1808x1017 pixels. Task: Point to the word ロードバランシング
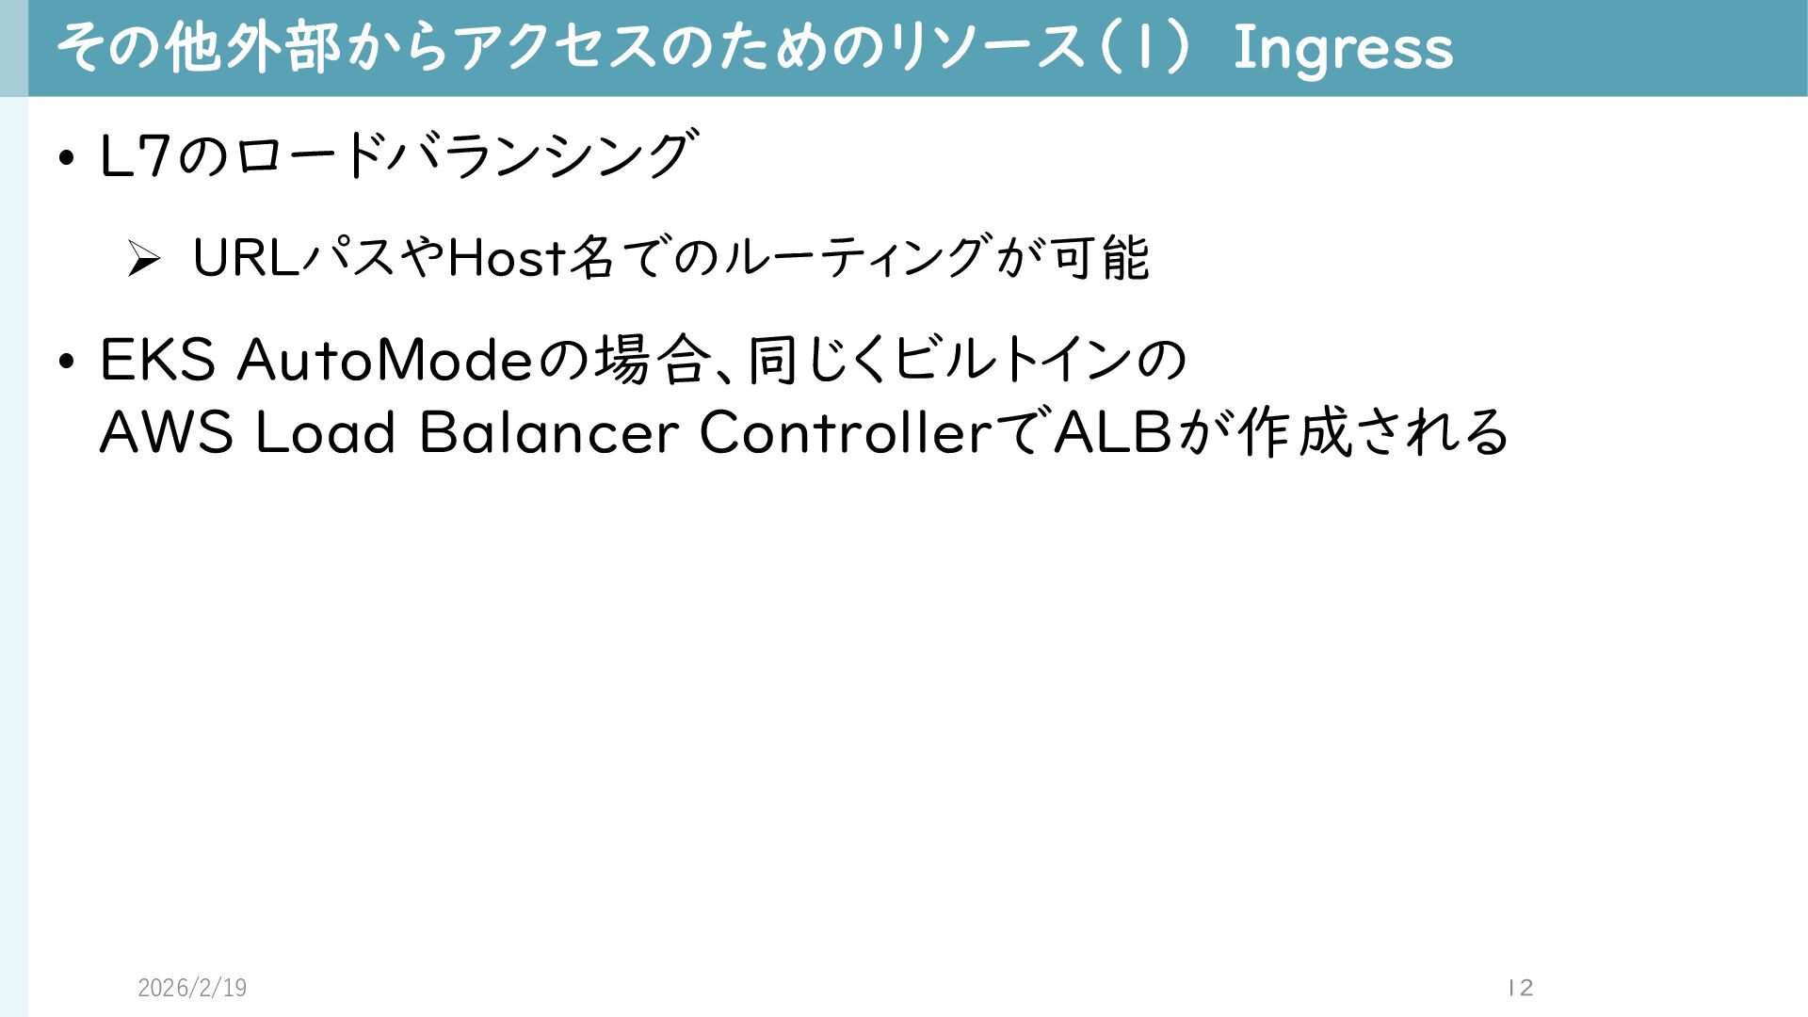[461, 155]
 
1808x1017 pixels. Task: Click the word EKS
[157, 361]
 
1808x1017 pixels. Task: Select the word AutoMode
[385, 361]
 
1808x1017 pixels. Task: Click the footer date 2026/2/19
[192, 988]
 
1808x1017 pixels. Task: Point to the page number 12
[1520, 988]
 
